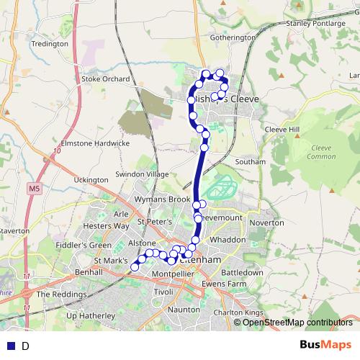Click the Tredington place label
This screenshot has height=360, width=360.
pos(49,43)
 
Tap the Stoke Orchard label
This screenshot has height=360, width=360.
pos(106,79)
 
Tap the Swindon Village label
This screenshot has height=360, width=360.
pos(142,174)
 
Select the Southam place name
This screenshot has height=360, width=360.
pos(251,162)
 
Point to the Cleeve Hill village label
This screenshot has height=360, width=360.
pos(282,129)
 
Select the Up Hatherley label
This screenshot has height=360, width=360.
pos(91,315)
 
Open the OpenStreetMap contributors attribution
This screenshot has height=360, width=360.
pos(297,323)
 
